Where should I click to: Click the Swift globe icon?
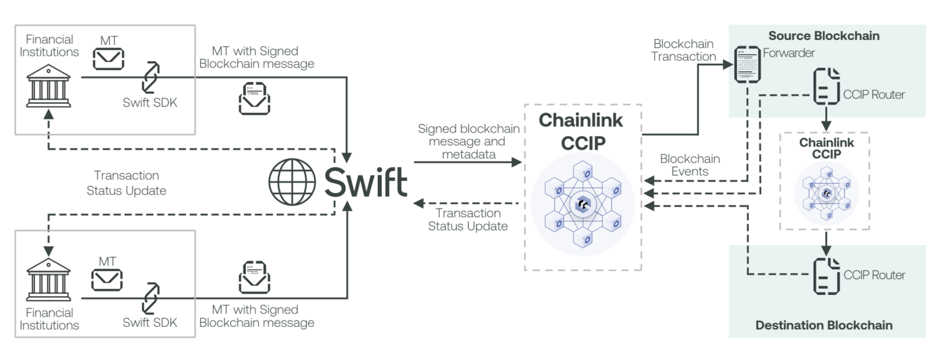(293, 182)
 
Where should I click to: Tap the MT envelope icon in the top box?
(108, 59)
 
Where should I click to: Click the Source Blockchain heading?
(824, 36)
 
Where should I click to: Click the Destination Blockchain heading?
(824, 324)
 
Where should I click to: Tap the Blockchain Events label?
(689, 165)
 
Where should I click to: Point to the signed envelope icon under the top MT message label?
(254, 98)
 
